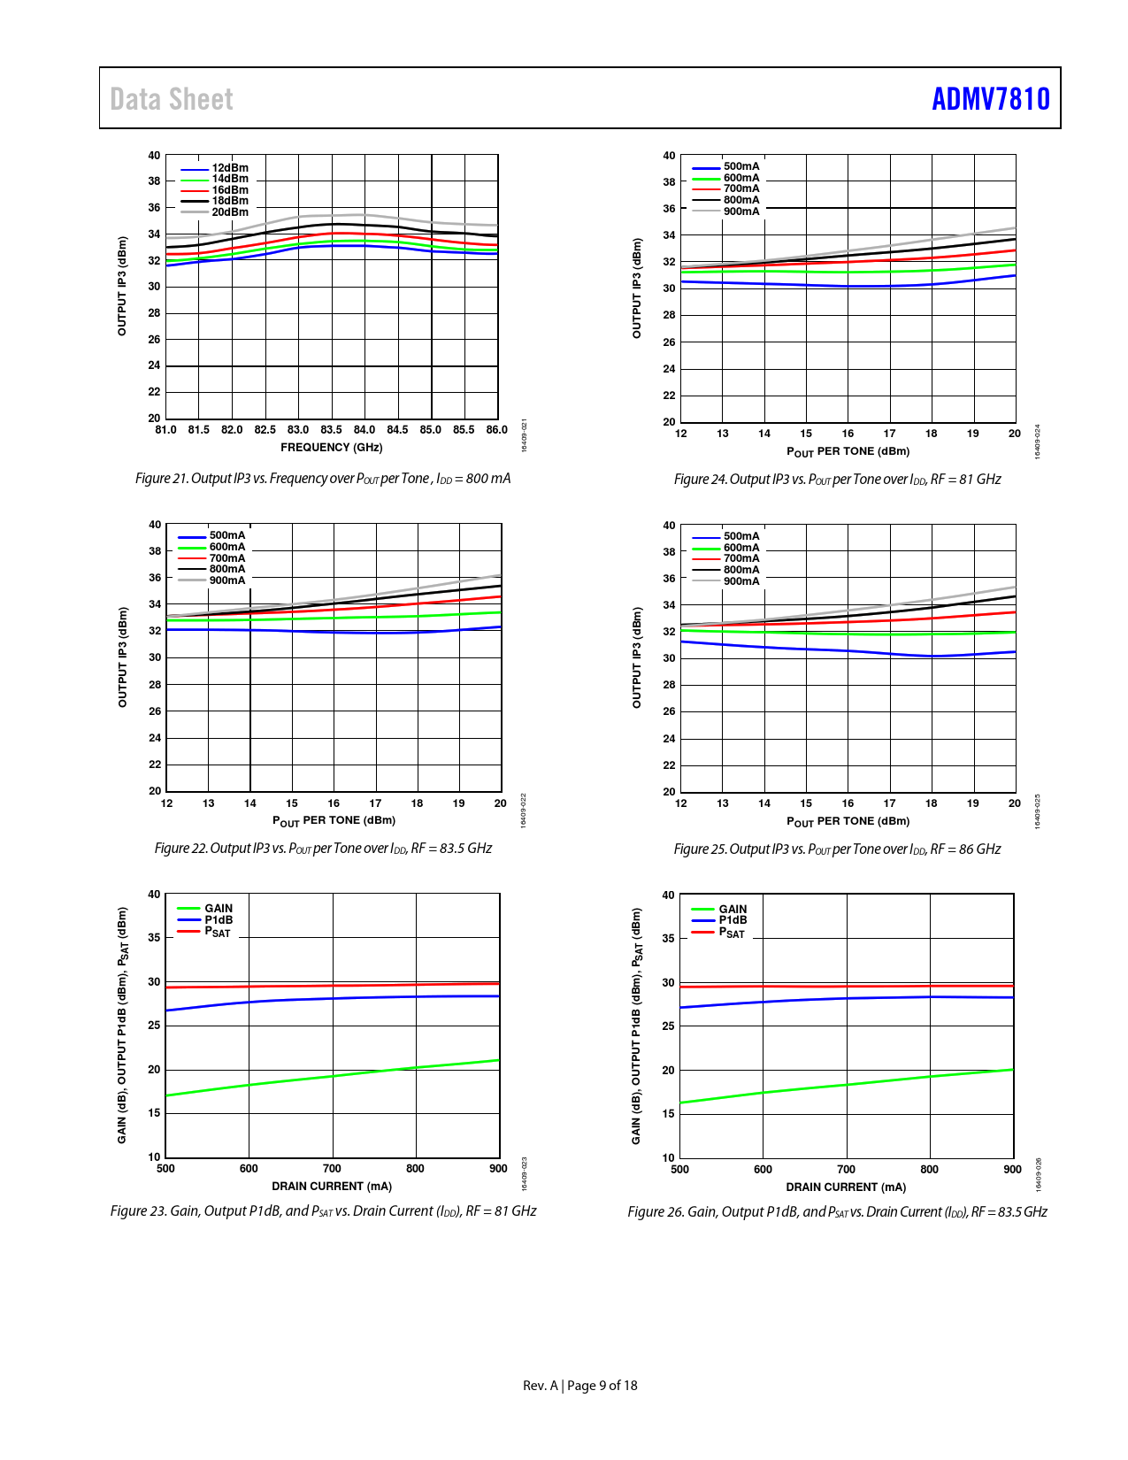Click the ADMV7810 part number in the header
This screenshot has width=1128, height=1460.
click(x=990, y=99)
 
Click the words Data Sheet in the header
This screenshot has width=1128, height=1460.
click(x=172, y=99)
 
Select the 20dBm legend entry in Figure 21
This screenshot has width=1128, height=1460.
click(x=229, y=212)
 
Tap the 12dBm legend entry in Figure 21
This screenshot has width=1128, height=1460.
click(x=229, y=168)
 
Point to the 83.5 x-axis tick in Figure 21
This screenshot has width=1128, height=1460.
click(x=331, y=430)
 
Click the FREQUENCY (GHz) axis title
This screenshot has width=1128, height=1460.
click(x=332, y=448)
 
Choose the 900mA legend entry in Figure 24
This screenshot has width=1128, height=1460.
click(x=740, y=211)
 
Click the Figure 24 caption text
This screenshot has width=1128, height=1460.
click(x=837, y=480)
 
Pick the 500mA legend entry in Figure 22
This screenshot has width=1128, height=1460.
click(x=226, y=535)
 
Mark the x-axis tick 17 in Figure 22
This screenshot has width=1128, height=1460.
click(x=375, y=803)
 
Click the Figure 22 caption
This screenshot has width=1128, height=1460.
click(x=323, y=849)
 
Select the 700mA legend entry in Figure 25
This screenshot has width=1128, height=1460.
click(x=740, y=558)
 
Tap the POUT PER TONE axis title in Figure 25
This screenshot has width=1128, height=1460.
click(x=848, y=822)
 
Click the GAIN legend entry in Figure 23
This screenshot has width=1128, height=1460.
click(x=218, y=909)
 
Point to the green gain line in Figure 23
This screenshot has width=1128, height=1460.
click(x=333, y=1076)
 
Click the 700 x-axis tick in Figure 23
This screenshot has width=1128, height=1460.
click(x=332, y=1169)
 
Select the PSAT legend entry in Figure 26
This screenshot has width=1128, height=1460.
click(x=732, y=933)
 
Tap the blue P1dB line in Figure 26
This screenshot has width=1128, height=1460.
click(x=847, y=998)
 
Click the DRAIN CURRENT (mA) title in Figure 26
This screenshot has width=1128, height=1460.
click(x=846, y=1187)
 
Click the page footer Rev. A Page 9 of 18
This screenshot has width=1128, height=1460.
click(x=579, y=1386)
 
